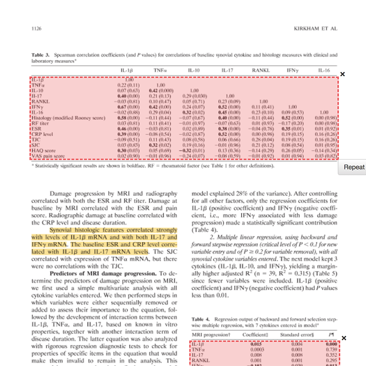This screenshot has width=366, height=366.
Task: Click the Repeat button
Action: coord(354,167)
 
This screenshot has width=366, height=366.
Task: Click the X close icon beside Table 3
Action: coord(343,74)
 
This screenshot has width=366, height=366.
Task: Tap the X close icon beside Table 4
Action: coord(344,338)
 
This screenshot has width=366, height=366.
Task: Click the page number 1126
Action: coord(37,28)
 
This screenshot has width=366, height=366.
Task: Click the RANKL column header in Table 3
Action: coord(261,70)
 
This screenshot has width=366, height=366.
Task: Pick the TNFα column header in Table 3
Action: coord(160,70)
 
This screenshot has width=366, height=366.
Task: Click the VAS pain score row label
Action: coord(45,155)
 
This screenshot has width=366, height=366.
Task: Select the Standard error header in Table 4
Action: coord(297,335)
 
